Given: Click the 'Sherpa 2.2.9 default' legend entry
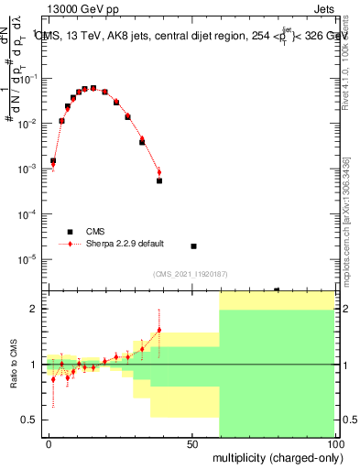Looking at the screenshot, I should [111, 244].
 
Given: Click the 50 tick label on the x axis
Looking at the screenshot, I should [192, 442].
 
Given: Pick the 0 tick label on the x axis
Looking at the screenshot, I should [49, 442].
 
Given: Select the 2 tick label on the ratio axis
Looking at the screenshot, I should [33, 309].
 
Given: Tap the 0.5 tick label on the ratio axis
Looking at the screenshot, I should [29, 420].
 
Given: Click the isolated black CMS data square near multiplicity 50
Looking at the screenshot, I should [193, 246].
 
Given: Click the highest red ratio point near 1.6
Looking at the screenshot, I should [159, 330].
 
